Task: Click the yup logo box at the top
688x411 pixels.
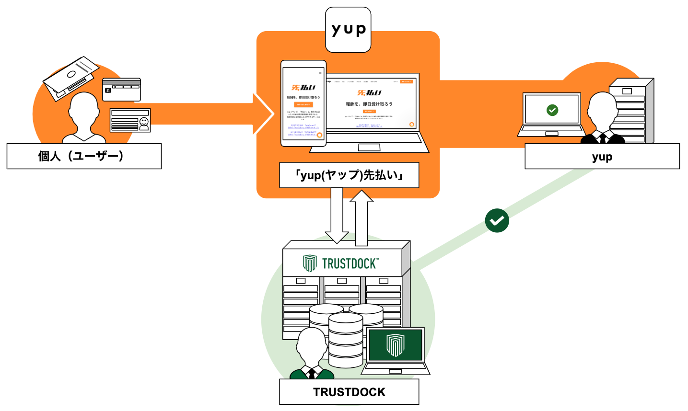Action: (348, 30)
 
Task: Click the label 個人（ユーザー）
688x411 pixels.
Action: (84, 156)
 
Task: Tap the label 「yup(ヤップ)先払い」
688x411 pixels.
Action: (349, 175)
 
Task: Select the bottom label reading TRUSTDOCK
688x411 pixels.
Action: (349, 392)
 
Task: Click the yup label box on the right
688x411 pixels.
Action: (602, 157)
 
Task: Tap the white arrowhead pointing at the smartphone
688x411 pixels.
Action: (263, 114)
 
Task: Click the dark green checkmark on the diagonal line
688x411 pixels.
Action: (497, 220)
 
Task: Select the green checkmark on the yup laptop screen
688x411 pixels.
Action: (552, 110)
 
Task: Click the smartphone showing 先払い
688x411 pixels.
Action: (303, 103)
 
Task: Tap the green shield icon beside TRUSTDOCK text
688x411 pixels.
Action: (310, 263)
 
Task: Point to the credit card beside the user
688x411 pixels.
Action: (122, 90)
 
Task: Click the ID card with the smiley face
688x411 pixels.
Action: (130, 120)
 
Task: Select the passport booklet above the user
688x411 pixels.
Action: (71, 77)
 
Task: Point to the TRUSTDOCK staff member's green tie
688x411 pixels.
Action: (312, 373)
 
